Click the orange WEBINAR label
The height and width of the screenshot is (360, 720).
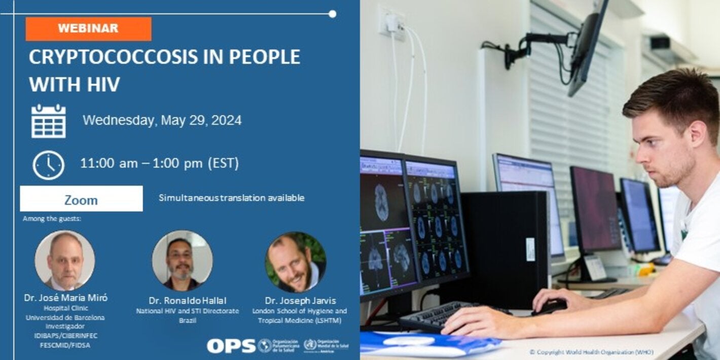tap(88, 29)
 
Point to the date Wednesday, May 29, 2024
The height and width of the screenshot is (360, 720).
tap(162, 121)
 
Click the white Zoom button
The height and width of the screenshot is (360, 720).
tap(81, 199)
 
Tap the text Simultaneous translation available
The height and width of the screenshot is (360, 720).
tap(231, 198)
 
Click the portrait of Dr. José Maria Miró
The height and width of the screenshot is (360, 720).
tap(64, 261)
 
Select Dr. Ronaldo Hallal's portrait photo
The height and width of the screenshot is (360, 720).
tap(182, 260)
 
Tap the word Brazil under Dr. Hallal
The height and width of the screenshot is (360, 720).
tap(187, 321)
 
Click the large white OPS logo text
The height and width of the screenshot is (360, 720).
tap(231, 346)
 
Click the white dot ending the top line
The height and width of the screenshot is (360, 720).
tap(332, 14)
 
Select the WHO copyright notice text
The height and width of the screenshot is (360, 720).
tap(591, 352)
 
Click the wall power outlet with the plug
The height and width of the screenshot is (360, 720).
tap(391, 23)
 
